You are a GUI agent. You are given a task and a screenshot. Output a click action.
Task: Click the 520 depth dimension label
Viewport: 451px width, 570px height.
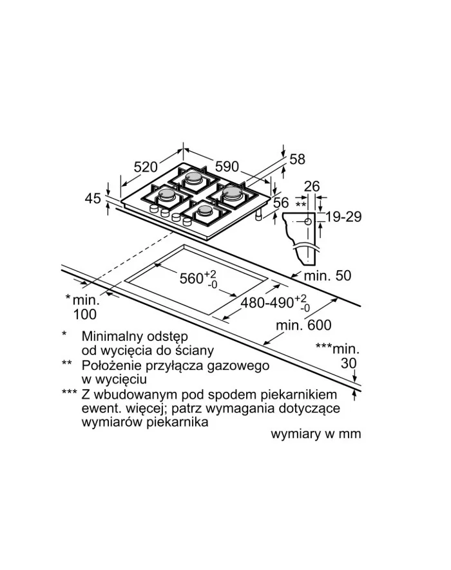click(x=146, y=167)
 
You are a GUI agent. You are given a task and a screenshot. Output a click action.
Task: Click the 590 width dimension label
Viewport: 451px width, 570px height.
click(x=227, y=167)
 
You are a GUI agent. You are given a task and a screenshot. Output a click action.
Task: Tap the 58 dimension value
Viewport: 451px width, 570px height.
click(x=298, y=159)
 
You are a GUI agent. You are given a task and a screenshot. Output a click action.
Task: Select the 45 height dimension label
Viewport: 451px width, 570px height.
click(x=93, y=199)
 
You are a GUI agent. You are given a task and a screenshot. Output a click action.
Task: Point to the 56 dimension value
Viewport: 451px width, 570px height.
click(x=281, y=203)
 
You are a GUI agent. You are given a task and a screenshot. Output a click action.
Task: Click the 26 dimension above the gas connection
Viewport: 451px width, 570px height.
click(x=312, y=186)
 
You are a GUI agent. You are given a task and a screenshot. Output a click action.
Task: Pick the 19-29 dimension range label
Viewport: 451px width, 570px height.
click(x=343, y=217)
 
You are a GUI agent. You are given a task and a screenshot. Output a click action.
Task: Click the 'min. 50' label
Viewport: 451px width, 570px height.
click(x=327, y=275)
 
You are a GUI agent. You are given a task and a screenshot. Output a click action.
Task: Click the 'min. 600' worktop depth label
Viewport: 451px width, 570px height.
click(x=304, y=325)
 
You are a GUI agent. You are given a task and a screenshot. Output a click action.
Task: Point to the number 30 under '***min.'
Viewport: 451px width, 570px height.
click(x=349, y=363)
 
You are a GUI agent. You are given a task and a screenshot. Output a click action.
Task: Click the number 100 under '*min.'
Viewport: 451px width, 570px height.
click(x=85, y=315)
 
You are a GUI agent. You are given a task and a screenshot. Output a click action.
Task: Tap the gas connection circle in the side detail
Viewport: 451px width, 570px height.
click(x=308, y=221)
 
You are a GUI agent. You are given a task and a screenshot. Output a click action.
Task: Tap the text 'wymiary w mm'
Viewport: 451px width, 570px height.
click(x=316, y=434)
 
